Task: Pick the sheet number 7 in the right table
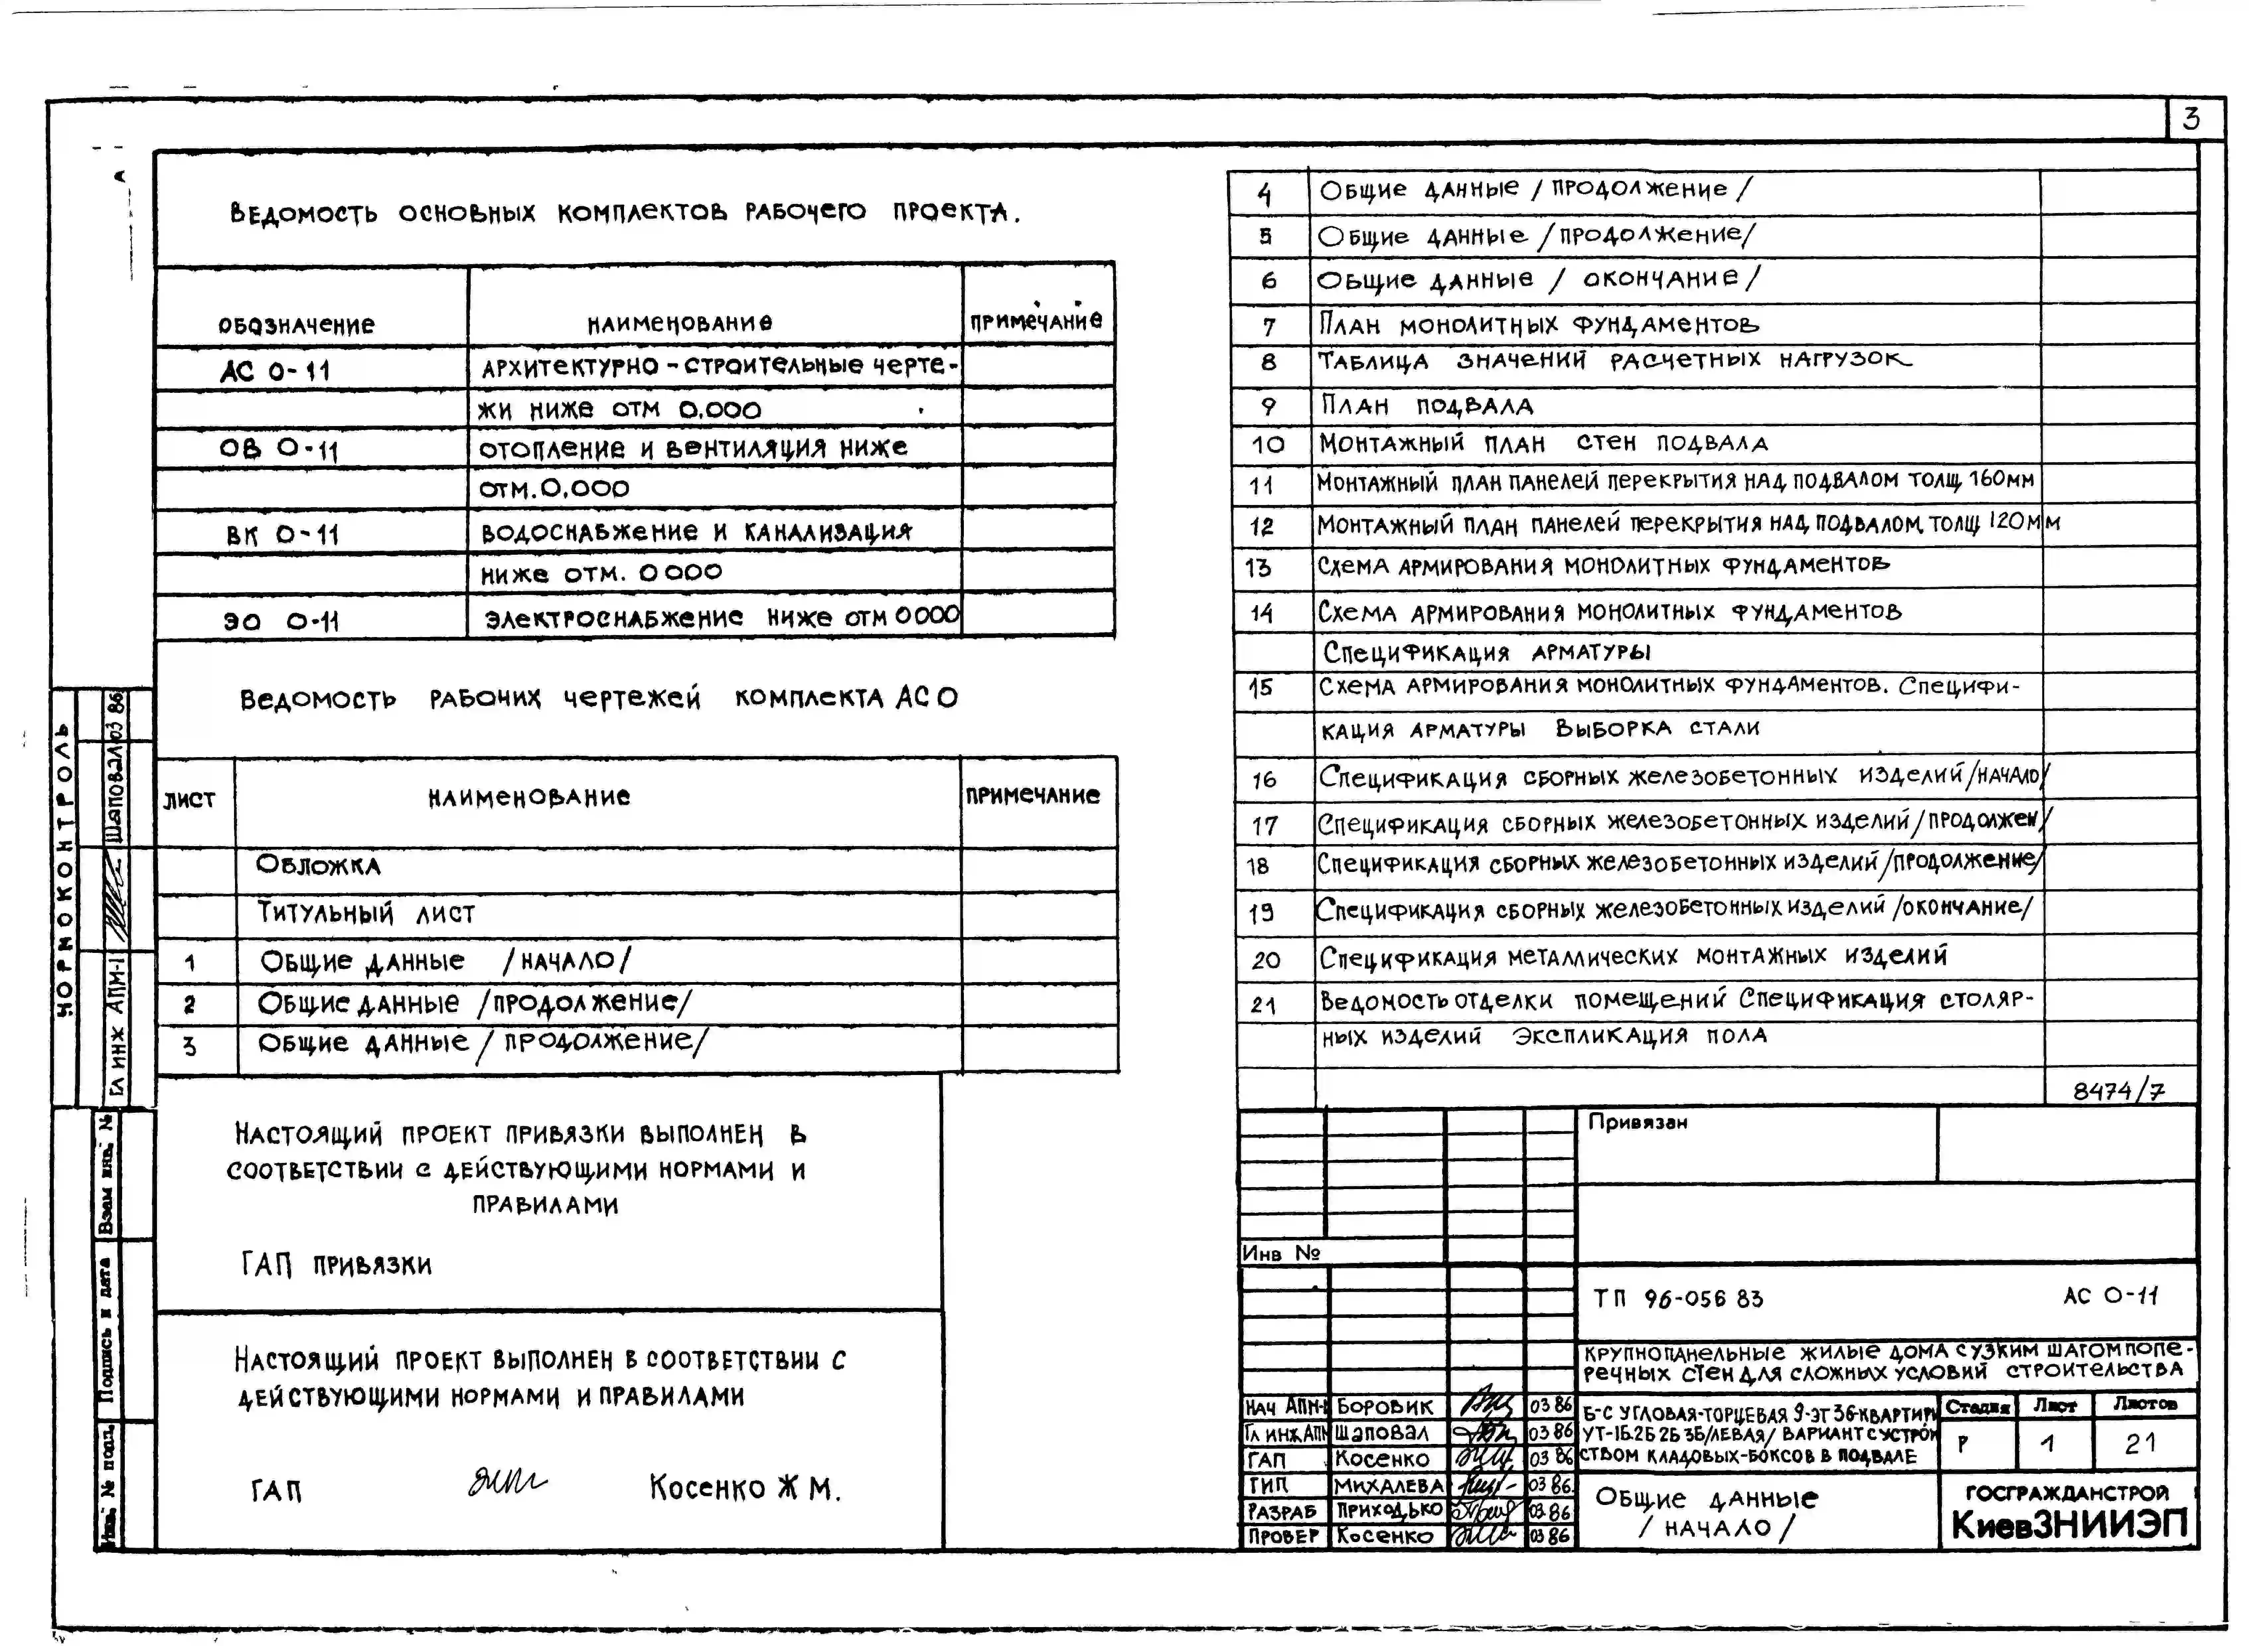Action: (x=1269, y=326)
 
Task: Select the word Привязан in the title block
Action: (x=1637, y=1122)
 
